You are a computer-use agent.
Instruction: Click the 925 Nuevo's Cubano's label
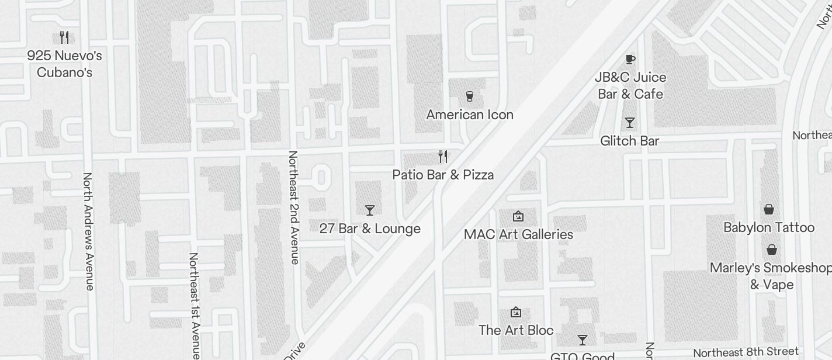[64, 64]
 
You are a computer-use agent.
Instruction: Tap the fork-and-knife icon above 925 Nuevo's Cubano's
[64, 37]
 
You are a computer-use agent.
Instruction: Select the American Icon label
[470, 115]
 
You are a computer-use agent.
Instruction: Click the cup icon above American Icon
[469, 96]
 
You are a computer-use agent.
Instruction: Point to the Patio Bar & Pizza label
[443, 175]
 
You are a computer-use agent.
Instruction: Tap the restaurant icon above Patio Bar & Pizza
[443, 156]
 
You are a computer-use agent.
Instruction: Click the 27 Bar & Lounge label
[370, 229]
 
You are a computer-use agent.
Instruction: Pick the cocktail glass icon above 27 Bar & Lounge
[369, 210]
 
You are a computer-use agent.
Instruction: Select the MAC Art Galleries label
[518, 234]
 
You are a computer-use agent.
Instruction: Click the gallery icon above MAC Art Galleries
[518, 216]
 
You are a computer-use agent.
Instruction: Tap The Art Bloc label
[516, 330]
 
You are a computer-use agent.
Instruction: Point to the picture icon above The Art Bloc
[516, 312]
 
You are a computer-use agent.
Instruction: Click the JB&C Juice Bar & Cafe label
[630, 85]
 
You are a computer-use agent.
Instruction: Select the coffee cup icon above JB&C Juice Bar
[630, 59]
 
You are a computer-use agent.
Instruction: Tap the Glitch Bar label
[630, 141]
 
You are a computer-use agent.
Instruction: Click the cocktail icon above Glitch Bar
[629, 123]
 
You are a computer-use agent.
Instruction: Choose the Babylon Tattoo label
[769, 227]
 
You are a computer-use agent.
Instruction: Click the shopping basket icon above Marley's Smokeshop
[772, 250]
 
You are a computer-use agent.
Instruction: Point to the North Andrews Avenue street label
[88, 231]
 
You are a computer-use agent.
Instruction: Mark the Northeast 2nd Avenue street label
[293, 207]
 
